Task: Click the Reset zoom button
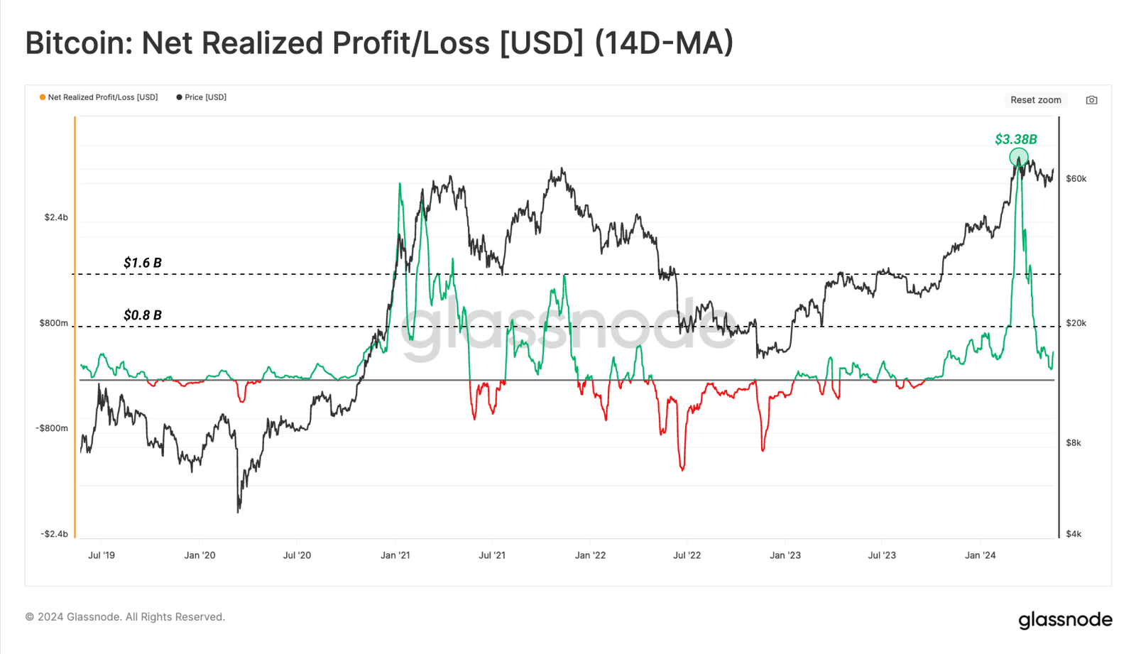click(x=1035, y=100)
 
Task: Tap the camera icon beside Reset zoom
click(x=1091, y=100)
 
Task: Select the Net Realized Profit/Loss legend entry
click(x=99, y=97)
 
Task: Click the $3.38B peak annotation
click(x=1015, y=139)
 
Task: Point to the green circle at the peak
click(x=1019, y=157)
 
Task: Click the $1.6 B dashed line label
click(x=143, y=263)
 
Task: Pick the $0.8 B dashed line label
click(x=143, y=315)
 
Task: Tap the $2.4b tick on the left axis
click(x=56, y=217)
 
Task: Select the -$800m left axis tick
click(x=52, y=428)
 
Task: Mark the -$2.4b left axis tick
click(x=54, y=534)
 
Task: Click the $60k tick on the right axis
click(x=1076, y=179)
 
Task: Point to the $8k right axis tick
click(x=1074, y=443)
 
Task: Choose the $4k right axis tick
click(x=1074, y=534)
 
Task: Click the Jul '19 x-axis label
click(x=102, y=555)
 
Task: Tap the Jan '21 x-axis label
click(x=395, y=555)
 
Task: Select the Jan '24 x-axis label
click(x=980, y=555)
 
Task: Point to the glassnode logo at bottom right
click(x=1065, y=620)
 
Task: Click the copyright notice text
click(x=125, y=617)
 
